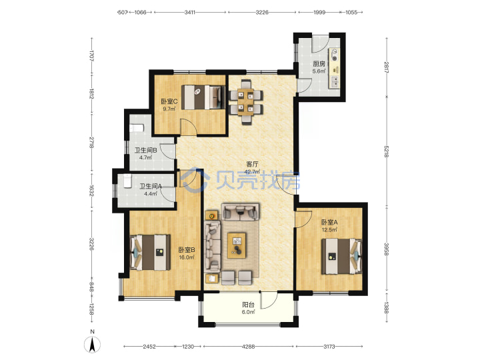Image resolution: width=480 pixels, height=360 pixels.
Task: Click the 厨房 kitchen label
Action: click(x=319, y=64)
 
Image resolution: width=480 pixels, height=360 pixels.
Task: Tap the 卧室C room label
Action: click(x=169, y=101)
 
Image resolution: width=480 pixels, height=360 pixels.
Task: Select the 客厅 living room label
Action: click(x=253, y=165)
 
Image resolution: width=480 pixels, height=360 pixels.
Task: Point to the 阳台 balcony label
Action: click(x=248, y=305)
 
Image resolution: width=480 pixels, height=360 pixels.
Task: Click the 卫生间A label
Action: click(x=151, y=186)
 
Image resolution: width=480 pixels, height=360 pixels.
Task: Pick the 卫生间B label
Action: click(x=146, y=150)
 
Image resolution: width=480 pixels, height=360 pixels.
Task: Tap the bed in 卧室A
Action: click(x=341, y=256)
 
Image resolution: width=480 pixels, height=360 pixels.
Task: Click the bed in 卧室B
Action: click(x=150, y=253)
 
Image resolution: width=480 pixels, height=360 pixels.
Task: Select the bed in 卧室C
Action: click(x=203, y=97)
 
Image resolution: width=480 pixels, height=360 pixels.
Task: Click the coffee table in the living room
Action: click(x=237, y=245)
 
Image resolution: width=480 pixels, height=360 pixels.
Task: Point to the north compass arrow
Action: click(x=92, y=345)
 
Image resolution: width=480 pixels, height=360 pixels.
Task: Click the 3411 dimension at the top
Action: click(x=190, y=13)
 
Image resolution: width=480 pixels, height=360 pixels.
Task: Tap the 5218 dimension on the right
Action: click(x=386, y=151)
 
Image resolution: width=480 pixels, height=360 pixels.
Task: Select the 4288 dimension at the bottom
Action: click(x=248, y=347)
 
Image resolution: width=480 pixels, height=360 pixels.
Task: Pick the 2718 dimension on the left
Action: click(x=91, y=143)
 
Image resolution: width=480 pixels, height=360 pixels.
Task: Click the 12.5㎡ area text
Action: click(x=329, y=229)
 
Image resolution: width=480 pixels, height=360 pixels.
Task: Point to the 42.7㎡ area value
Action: click(x=253, y=172)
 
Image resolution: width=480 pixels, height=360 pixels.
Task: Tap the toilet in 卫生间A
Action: click(x=127, y=181)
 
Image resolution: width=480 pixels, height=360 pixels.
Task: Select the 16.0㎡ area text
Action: click(x=187, y=257)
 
